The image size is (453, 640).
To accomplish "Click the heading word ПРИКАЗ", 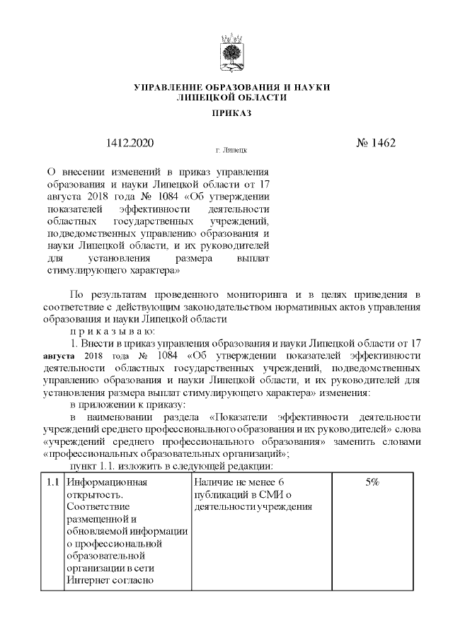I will [x=232, y=112].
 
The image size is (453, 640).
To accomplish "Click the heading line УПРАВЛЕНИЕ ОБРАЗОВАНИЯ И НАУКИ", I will [x=232, y=86].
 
